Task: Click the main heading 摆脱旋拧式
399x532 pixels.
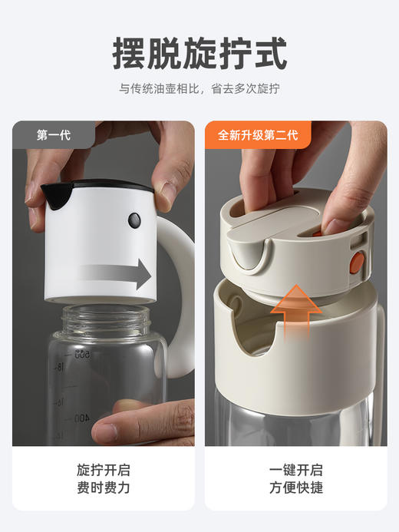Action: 199,53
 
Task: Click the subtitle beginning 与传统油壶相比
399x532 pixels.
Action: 199,89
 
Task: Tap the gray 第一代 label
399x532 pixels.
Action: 54,135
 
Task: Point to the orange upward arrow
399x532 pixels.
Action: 295,310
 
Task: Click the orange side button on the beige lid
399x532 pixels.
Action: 357,264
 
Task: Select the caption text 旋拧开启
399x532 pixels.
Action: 103,470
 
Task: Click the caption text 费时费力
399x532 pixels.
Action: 103,488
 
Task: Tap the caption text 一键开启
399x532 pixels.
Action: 296,470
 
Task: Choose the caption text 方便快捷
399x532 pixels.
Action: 296,488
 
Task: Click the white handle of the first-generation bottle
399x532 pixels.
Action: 181,307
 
